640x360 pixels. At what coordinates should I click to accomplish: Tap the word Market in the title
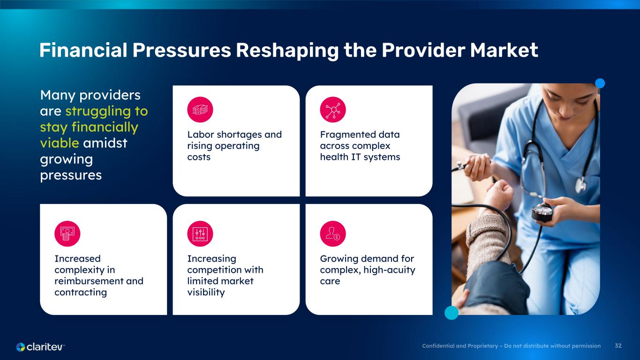[504, 50]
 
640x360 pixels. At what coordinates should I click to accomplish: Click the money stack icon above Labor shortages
[200, 109]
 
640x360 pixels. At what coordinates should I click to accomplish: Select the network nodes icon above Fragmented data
[333, 109]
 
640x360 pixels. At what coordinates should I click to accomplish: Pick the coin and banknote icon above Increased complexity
[68, 234]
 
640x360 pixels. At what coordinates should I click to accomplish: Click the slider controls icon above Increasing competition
[200, 234]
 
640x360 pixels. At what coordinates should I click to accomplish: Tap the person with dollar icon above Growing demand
[333, 234]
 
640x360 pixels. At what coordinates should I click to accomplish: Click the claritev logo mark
[21, 347]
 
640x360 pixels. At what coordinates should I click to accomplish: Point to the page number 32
[618, 346]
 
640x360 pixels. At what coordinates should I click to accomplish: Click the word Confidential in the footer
[438, 346]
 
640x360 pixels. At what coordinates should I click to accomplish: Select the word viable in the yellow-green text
[60, 143]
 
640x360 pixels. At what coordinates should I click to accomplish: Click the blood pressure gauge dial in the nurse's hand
[542, 212]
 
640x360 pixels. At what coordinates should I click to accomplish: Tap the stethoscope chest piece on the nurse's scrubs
[580, 185]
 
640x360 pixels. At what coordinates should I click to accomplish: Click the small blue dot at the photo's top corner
[600, 83]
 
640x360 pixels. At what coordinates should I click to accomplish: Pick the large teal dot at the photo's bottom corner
[452, 313]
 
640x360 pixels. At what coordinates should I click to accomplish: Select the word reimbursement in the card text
[89, 281]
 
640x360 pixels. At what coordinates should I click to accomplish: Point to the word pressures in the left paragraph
[71, 175]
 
